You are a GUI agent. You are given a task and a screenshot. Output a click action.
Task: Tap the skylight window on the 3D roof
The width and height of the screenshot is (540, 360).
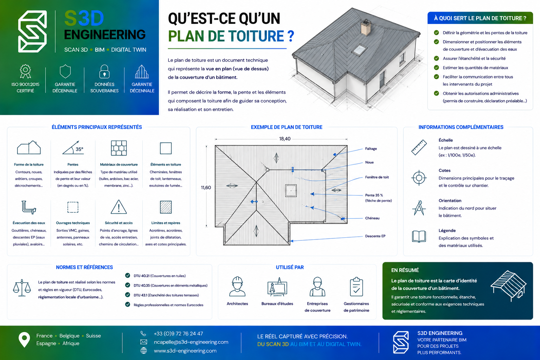(x=359, y=50)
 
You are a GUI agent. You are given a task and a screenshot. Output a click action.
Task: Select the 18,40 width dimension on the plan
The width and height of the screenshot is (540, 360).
(x=285, y=139)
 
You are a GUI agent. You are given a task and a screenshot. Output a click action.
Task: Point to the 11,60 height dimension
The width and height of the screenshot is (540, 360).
(x=206, y=188)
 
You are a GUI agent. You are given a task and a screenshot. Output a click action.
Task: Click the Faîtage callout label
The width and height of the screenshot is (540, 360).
(x=371, y=148)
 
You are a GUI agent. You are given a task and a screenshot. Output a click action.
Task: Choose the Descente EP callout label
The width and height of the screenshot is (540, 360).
(x=375, y=236)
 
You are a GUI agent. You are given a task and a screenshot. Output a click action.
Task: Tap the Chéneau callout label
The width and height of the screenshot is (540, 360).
(x=372, y=218)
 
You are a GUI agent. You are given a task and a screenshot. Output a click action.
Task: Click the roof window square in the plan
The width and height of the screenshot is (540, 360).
(x=291, y=191)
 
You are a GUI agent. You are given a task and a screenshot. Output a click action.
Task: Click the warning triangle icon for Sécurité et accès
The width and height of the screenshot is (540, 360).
(x=118, y=207)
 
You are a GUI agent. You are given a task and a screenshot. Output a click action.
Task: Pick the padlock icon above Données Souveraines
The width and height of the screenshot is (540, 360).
(x=104, y=72)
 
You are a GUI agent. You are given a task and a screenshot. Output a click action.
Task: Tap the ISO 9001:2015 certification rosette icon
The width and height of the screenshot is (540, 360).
(x=25, y=71)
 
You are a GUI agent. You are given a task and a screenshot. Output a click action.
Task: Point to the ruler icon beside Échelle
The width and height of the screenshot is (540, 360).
(x=419, y=147)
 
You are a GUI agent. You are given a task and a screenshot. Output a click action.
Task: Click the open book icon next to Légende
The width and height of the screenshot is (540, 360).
(x=419, y=236)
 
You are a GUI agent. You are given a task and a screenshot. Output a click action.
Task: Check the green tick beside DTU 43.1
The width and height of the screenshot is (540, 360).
(x=128, y=295)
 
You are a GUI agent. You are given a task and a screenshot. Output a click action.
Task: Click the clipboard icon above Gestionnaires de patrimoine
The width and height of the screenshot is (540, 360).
(x=356, y=287)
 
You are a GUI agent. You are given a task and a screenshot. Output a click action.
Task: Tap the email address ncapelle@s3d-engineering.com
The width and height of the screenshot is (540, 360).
(x=191, y=342)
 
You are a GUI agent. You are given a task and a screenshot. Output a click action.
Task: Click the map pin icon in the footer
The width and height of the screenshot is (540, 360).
(x=24, y=340)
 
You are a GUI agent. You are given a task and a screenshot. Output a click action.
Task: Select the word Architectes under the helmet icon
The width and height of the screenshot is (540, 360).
(x=237, y=304)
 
